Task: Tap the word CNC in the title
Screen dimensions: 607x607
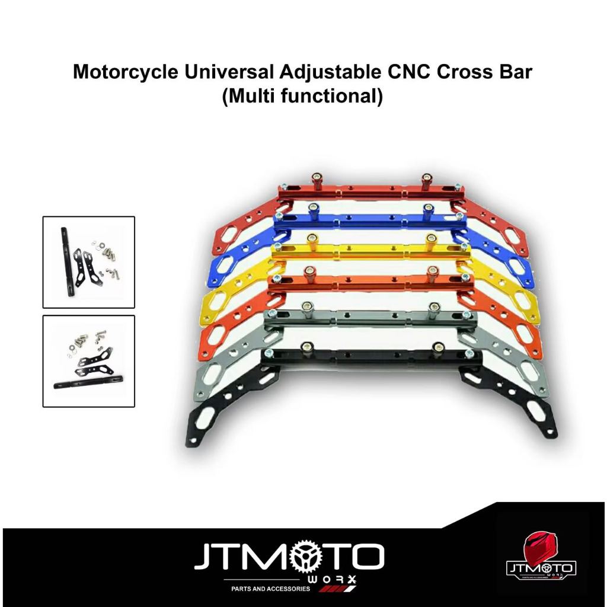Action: point(397,73)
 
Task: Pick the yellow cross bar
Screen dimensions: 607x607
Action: point(368,252)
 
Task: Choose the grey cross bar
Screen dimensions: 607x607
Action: point(368,322)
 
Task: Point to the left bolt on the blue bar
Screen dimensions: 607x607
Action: point(312,209)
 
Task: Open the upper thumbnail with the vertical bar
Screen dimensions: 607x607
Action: point(89,262)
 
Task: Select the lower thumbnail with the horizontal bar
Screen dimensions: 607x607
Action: point(89,361)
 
